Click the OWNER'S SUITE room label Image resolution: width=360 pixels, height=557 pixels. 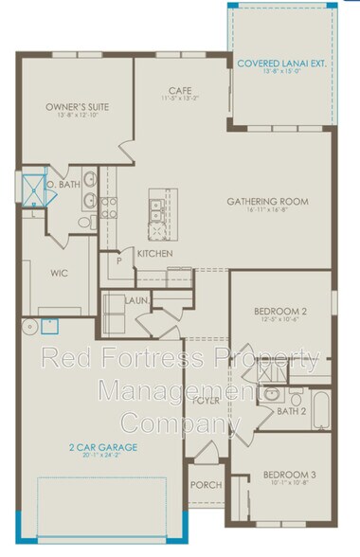pyautogui.click(x=77, y=107)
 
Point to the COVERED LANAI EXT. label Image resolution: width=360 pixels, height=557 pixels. pyautogui.click(x=282, y=64)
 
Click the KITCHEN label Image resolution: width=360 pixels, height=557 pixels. pyautogui.click(x=154, y=254)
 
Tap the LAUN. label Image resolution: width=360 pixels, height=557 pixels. pyautogui.click(x=135, y=300)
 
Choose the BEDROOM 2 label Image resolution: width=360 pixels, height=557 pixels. pyautogui.click(x=279, y=311)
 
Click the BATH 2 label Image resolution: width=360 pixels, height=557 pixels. pyautogui.click(x=290, y=412)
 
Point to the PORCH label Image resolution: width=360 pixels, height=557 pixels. pyautogui.click(x=206, y=485)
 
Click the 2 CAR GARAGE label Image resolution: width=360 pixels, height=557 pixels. pyautogui.click(x=102, y=446)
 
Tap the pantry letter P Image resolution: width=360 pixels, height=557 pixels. pyautogui.click(x=119, y=260)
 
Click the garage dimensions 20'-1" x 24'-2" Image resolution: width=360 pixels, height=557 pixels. pyautogui.click(x=102, y=455)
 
